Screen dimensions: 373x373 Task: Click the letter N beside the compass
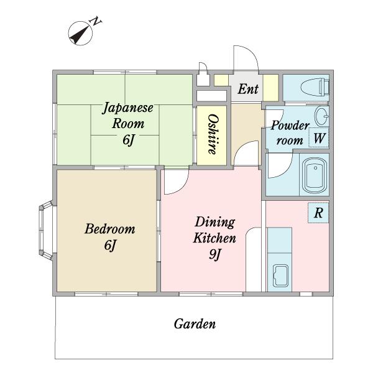pyautogui.click(x=96, y=21)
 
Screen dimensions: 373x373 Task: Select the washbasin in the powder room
pyautogui.click(x=321, y=116)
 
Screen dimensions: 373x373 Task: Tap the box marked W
pyautogui.click(x=318, y=137)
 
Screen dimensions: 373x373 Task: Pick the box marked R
pyautogui.click(x=318, y=213)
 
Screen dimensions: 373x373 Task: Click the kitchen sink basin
pyautogui.click(x=281, y=275)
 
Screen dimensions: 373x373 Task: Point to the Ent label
pyautogui.click(x=248, y=89)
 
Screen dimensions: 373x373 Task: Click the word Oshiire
pyautogui.click(x=212, y=134)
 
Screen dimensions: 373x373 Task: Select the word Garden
pyautogui.click(x=195, y=324)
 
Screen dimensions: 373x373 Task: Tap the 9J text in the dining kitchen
pyautogui.click(x=215, y=255)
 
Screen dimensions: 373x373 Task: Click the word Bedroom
pyautogui.click(x=109, y=229)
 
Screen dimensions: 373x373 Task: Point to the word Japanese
pyautogui.click(x=127, y=108)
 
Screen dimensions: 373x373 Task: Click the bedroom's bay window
pyautogui.click(x=45, y=230)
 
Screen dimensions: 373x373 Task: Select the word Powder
pyautogui.click(x=290, y=126)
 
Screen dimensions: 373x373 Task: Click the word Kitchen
pyautogui.click(x=214, y=238)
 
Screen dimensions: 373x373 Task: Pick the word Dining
pyautogui.click(x=214, y=223)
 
